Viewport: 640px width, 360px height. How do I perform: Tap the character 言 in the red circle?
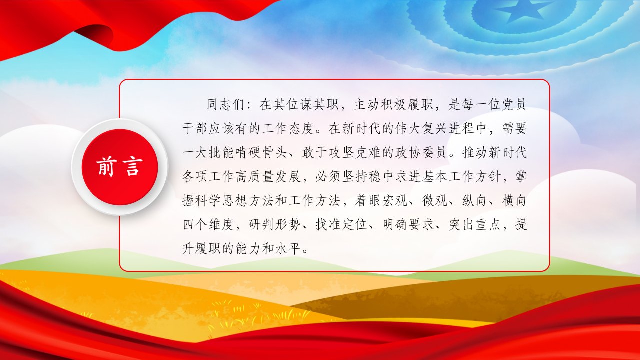click(x=133, y=167)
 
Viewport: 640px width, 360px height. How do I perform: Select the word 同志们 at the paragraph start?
click(x=225, y=104)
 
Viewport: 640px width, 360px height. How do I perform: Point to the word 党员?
click(x=513, y=104)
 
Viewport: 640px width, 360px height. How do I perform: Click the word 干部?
click(x=195, y=128)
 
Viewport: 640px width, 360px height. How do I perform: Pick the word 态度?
click(x=301, y=128)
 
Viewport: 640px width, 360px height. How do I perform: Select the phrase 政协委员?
click(x=421, y=153)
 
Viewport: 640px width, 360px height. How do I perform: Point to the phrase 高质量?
click(x=255, y=177)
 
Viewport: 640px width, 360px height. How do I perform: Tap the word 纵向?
click(x=474, y=201)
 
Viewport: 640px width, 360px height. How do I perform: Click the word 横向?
click(x=514, y=201)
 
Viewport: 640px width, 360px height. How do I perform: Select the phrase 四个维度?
click(x=208, y=225)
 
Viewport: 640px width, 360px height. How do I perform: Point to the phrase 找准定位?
click(x=341, y=225)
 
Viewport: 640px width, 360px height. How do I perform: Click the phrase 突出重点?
click(x=474, y=225)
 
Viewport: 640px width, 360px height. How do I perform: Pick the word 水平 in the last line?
click(x=288, y=249)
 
